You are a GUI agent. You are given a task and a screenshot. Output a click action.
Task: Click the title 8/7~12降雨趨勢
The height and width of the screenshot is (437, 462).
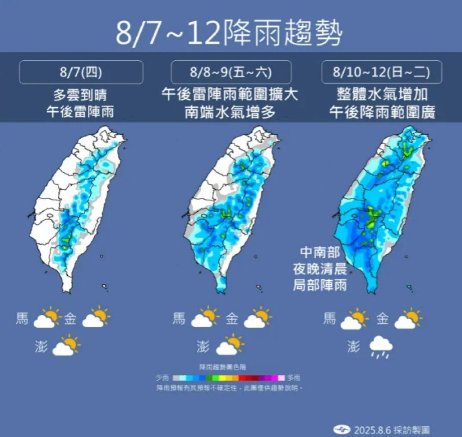point(229,33)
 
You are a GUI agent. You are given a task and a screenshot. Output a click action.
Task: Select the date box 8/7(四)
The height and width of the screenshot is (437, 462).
point(81,72)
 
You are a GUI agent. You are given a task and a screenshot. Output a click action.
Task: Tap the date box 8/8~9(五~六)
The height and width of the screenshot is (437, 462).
point(231,72)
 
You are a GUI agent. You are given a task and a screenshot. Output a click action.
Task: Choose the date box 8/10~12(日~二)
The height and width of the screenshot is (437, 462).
point(381,72)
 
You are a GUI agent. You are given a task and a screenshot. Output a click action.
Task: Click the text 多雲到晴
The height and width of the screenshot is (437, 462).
point(81,96)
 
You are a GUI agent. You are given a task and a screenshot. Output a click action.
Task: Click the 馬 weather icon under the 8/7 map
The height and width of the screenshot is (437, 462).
point(47,318)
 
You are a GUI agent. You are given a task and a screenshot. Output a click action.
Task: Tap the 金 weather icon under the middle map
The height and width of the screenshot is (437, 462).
point(258,318)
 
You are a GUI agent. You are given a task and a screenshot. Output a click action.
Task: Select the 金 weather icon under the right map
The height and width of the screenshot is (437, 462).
point(408,319)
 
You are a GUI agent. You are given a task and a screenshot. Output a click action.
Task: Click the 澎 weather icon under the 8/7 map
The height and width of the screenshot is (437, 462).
point(66,346)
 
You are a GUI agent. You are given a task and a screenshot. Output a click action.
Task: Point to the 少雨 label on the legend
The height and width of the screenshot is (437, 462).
point(162,378)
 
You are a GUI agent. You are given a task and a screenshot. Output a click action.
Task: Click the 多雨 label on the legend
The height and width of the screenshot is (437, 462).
point(294,378)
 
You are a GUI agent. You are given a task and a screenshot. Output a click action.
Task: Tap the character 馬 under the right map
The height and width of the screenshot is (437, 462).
point(330,319)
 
